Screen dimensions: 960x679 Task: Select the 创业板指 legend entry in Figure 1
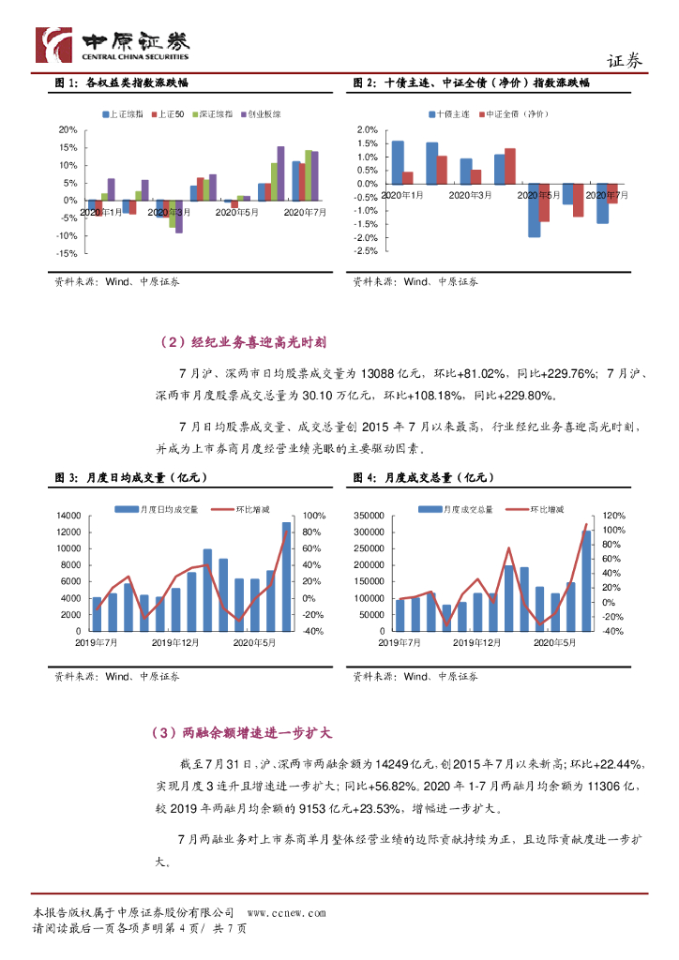(x=261, y=113)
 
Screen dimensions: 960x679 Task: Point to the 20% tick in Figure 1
(x=68, y=129)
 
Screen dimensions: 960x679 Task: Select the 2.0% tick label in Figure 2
(x=368, y=129)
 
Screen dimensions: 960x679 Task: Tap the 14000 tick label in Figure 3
(x=68, y=516)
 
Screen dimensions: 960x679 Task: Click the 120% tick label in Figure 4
(x=611, y=516)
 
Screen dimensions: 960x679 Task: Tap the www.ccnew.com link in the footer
(x=286, y=912)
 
